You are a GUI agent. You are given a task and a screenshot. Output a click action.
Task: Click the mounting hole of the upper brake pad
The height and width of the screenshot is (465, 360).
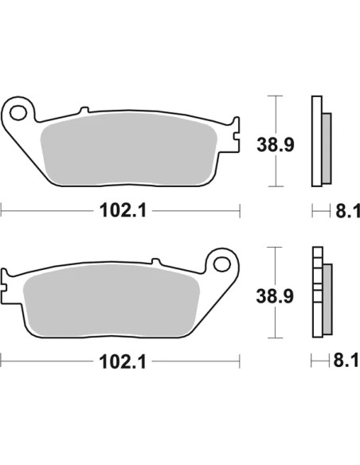tap(18, 113)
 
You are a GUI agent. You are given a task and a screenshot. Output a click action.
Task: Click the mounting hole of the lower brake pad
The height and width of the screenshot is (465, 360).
tap(222, 264)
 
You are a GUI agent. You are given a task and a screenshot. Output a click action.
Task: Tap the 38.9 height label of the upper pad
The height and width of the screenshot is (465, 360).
tap(276, 145)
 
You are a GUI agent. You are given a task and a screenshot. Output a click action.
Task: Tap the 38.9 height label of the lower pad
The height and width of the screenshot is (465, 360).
tap(275, 296)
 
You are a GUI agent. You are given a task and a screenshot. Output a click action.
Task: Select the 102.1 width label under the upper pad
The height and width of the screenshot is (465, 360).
tap(123, 210)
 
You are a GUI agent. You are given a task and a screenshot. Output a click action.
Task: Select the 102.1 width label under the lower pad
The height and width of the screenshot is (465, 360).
tap(123, 361)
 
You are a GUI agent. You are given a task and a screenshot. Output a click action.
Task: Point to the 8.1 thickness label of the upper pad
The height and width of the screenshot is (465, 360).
tap(347, 211)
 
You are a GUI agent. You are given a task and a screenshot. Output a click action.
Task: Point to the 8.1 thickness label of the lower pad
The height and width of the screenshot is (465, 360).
tap(346, 360)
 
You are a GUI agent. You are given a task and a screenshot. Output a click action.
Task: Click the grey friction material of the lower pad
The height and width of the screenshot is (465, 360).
tap(111, 300)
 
